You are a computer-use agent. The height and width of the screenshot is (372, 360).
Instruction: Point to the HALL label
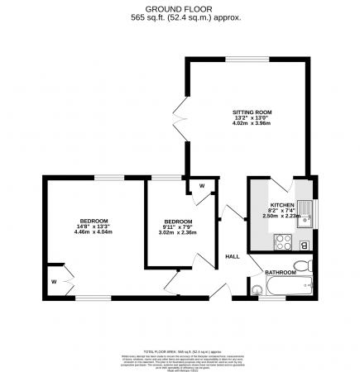click(233, 256)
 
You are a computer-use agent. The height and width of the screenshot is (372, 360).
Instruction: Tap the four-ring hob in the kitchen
click(282, 242)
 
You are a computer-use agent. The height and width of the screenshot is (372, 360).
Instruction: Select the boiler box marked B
click(304, 245)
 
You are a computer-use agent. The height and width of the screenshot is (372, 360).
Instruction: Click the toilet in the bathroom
click(306, 265)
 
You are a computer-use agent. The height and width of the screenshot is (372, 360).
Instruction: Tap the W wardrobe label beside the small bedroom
click(201, 186)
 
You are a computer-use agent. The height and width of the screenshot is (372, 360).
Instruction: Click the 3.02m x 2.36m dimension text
click(178, 233)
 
